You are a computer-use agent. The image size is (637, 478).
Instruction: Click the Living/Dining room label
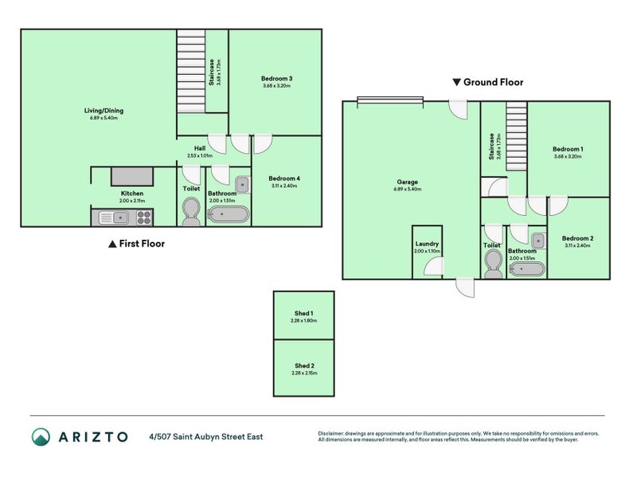tap(104, 111)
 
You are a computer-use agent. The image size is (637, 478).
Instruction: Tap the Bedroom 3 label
tap(276, 78)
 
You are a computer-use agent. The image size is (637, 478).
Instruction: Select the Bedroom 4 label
tap(283, 178)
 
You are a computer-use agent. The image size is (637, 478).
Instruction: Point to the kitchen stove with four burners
tap(143, 216)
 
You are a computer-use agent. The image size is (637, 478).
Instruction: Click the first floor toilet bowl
tap(191, 210)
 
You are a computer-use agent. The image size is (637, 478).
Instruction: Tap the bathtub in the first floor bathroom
tap(229, 215)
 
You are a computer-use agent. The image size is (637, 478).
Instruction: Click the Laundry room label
tap(428, 244)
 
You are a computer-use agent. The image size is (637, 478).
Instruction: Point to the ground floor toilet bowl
tap(492, 261)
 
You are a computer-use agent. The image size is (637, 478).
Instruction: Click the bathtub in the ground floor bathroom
tap(527, 268)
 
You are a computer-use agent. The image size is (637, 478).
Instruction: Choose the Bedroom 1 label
tap(568, 150)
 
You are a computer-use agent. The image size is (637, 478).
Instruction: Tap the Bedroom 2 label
tap(577, 239)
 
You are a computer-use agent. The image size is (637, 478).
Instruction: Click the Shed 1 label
tap(303, 313)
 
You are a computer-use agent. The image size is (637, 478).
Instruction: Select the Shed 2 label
tap(303, 366)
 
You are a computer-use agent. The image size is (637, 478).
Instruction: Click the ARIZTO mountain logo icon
tap(41, 436)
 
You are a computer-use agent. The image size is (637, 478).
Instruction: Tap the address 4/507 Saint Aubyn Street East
tap(205, 437)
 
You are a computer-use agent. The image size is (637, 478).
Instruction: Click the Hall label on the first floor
tap(201, 148)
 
